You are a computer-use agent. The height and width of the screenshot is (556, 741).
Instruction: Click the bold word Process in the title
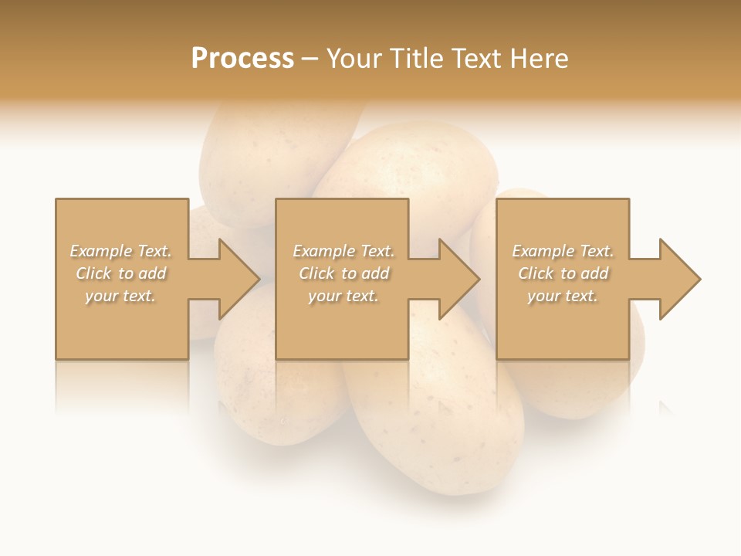point(242,59)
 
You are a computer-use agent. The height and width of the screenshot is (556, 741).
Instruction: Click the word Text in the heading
point(477,59)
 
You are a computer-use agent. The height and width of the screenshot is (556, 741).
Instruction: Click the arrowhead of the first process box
point(236,279)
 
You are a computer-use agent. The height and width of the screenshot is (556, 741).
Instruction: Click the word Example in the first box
point(100,251)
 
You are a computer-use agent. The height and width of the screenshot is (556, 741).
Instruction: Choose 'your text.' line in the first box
point(120,296)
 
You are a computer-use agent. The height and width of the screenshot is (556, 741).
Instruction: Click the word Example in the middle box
point(323,251)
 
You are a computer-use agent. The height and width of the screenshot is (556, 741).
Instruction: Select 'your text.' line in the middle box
point(343,296)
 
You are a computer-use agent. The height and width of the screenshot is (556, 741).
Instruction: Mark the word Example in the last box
point(542,251)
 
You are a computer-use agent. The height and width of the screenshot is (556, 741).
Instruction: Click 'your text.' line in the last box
point(563,296)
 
